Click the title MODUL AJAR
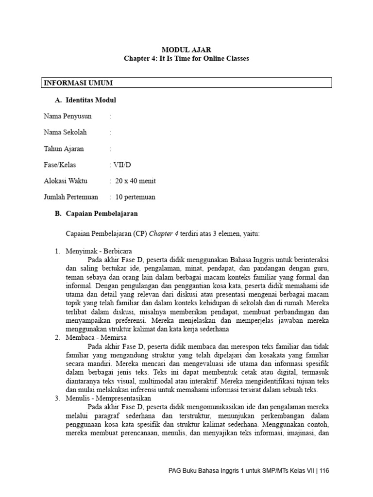[x=186, y=50]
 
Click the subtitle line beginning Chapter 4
[x=186, y=58]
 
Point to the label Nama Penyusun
[x=68, y=116]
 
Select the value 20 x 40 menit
[x=136, y=181]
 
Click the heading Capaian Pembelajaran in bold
[x=102, y=214]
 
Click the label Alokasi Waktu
[x=66, y=181]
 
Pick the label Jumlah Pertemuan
[x=71, y=197]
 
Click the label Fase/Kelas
[x=60, y=165]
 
